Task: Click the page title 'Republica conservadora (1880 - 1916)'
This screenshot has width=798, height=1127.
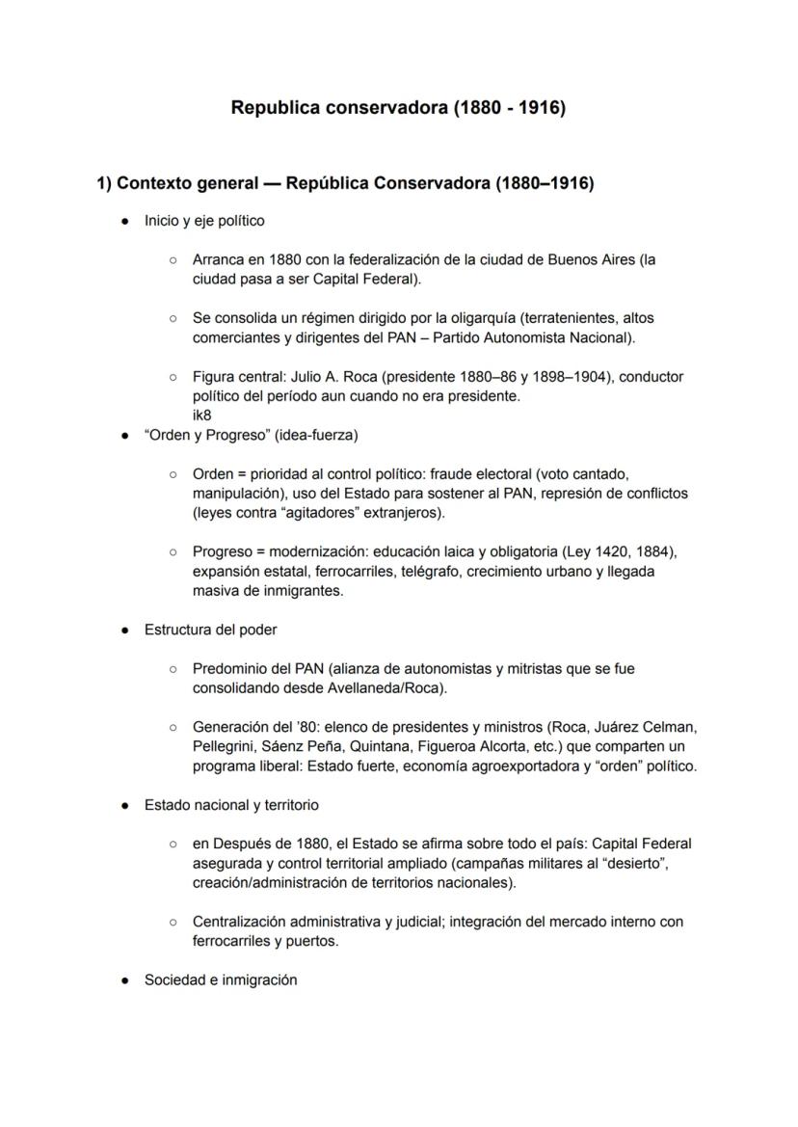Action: (x=398, y=108)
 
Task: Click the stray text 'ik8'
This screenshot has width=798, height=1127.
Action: (x=202, y=416)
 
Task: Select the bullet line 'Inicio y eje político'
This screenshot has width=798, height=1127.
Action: (x=204, y=221)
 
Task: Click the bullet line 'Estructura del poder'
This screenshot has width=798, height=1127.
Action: (x=210, y=630)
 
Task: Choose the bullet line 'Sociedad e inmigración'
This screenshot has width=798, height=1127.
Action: (x=221, y=979)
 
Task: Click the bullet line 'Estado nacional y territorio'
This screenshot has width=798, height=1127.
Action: (x=231, y=804)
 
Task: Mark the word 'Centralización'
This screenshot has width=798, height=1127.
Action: (x=242, y=922)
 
